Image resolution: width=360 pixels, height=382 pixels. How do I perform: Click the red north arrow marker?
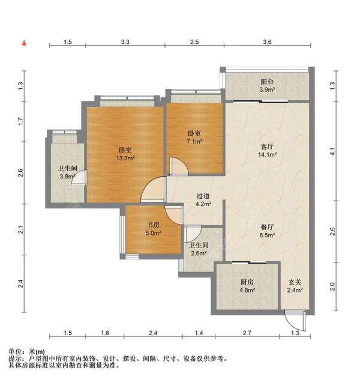coord(25,43)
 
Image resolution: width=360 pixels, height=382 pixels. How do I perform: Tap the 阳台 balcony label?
coord(267,82)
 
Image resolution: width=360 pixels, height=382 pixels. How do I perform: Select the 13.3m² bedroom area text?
coord(125,159)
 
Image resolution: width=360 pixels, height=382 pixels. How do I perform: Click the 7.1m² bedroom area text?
coord(194,142)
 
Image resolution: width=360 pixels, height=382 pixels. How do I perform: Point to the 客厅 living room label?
coord(267,146)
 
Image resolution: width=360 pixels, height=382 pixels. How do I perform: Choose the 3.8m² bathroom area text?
coord(66,177)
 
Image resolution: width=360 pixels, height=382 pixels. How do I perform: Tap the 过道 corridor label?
coord(203,196)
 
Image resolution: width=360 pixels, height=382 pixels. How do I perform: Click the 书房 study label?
coord(153,225)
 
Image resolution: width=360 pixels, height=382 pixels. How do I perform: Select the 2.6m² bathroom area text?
coord(198,253)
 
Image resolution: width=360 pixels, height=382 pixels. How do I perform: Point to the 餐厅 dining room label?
coord(267,228)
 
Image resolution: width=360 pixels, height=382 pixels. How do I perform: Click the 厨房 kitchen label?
coord(247,281)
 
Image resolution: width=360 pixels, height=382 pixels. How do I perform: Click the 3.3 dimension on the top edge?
coord(125,43)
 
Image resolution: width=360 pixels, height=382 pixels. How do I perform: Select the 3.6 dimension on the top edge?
coord(267,43)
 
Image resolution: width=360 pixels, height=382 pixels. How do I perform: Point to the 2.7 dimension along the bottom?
coord(247,333)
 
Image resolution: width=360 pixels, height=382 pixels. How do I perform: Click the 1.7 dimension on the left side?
coord(20,122)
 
